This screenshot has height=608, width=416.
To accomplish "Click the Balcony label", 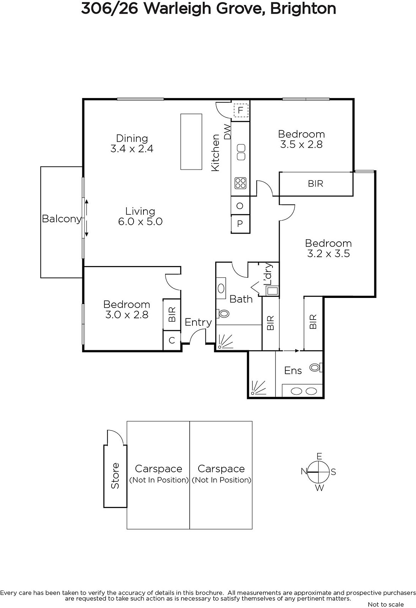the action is point(61,219).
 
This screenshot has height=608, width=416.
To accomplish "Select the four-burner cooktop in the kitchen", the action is point(240,183).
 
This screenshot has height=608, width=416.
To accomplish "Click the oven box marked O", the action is point(240,206).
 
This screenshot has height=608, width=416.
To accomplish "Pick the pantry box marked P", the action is point(240,224).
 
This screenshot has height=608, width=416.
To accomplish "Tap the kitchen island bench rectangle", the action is point(191,142).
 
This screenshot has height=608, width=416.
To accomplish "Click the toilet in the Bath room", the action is point(223,314).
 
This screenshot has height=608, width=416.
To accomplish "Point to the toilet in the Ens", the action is point(316,367).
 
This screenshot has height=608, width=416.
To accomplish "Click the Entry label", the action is point(198,323).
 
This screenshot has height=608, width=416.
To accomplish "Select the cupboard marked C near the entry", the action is point(172,340).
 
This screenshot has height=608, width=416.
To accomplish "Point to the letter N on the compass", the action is point(304,472).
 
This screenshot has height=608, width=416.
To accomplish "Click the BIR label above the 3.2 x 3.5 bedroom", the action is point(316,184).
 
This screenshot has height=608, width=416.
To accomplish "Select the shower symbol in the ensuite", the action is point(258,388).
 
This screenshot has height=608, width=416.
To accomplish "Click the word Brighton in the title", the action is point(303,9).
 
